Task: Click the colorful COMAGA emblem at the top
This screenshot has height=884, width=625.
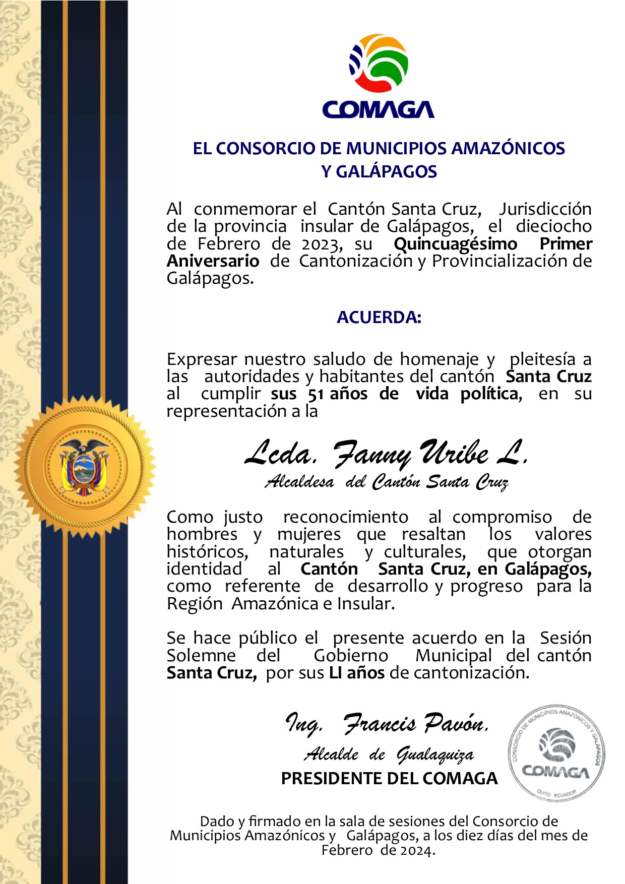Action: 379,62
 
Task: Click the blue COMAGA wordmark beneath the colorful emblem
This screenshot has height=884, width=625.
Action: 378,109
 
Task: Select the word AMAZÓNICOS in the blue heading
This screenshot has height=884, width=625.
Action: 508,148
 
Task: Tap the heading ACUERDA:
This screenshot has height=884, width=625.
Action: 379,318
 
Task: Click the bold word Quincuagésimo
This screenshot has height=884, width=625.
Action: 455,244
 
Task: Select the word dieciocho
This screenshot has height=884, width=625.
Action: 553,226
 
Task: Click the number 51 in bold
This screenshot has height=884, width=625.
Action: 316,394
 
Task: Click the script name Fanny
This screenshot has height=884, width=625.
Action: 370,454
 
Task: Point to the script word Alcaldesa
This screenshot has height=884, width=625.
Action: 299,482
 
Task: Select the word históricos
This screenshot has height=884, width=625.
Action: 208,552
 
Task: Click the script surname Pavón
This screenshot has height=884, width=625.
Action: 456,724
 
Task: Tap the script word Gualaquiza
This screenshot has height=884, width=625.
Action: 435,754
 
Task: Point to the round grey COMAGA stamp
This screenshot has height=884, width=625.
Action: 556,753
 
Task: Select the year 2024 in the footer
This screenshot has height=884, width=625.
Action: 417,851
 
